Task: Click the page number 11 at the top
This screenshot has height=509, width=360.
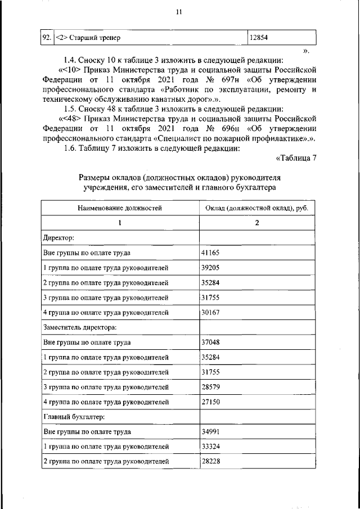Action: click(x=179, y=12)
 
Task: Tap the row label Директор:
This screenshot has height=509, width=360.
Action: click(x=55, y=238)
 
